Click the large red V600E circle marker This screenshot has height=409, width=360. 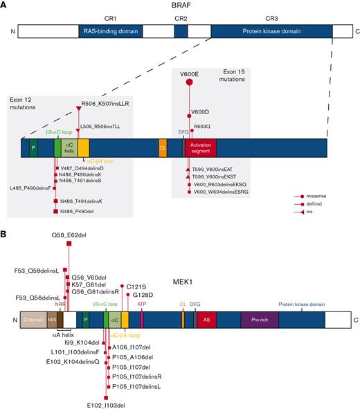[189, 83]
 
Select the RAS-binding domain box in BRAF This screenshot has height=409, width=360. [111, 32]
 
